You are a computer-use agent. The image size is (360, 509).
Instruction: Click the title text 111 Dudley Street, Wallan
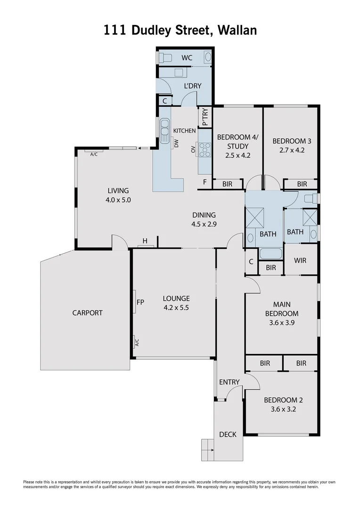coord(180,31)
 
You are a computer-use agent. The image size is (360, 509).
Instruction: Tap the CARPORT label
coord(87,312)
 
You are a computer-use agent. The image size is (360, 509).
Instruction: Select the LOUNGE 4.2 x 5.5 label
coord(176,303)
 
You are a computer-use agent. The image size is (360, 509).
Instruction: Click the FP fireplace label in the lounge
coord(140,302)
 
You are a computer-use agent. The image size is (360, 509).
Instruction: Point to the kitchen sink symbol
coord(165,130)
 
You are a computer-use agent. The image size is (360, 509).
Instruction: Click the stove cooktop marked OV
coord(205,150)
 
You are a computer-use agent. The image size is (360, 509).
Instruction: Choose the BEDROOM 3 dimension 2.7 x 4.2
coord(292,150)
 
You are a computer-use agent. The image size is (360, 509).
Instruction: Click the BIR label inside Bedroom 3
coord(302,184)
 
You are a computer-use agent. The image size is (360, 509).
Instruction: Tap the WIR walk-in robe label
coord(301,261)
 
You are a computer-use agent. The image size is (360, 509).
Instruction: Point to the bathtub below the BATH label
coord(270,254)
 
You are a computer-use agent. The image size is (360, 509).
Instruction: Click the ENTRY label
coord(229,382)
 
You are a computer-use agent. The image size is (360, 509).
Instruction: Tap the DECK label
coord(228,434)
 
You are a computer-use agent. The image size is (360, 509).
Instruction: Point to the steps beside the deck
coord(208,450)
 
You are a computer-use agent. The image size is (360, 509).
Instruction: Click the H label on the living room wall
coord(145,241)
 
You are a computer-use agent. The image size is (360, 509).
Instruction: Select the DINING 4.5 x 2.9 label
coord(204,220)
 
